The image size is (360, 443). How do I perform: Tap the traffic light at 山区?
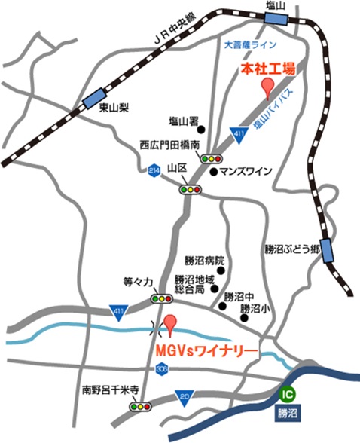pyautogui.click(x=191, y=190)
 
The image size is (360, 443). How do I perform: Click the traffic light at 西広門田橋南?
pyautogui.click(x=211, y=158)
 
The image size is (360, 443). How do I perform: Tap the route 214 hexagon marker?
pyautogui.click(x=155, y=170)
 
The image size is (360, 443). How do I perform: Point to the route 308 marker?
pyautogui.click(x=163, y=370)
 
